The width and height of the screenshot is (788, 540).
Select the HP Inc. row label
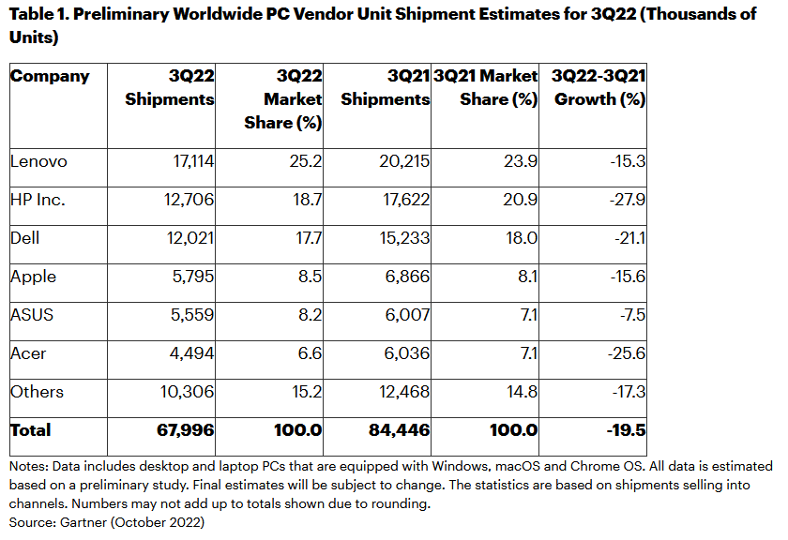[x=38, y=200]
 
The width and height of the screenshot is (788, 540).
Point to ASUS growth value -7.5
[x=630, y=315]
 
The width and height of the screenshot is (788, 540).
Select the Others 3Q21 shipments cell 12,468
[x=402, y=392]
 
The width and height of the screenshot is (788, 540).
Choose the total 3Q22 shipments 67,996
[x=187, y=430]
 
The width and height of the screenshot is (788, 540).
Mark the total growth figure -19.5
[x=625, y=430]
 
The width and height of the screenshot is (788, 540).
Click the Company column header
[x=50, y=76]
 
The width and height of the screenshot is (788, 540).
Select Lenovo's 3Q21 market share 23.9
[x=521, y=161]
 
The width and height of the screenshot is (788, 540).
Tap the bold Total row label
[x=31, y=430]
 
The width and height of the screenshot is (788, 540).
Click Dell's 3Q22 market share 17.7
[x=309, y=238]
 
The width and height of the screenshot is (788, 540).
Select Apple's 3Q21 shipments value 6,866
[x=405, y=277]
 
